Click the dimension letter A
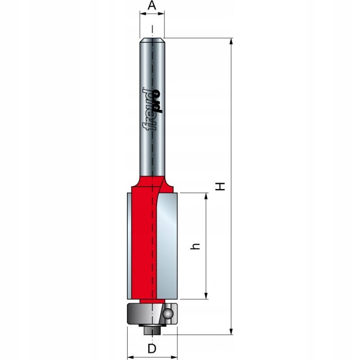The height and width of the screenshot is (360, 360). [152, 5]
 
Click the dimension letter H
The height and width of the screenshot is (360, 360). [220, 186]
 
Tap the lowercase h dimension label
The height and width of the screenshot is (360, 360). [196, 246]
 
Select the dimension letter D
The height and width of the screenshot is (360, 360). [152, 349]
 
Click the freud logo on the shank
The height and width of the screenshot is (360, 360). [152, 109]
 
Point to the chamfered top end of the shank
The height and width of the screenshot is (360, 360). [152, 40]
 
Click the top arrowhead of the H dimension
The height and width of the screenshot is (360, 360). [231, 42]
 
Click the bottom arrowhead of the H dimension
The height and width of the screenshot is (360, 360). [231, 331]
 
